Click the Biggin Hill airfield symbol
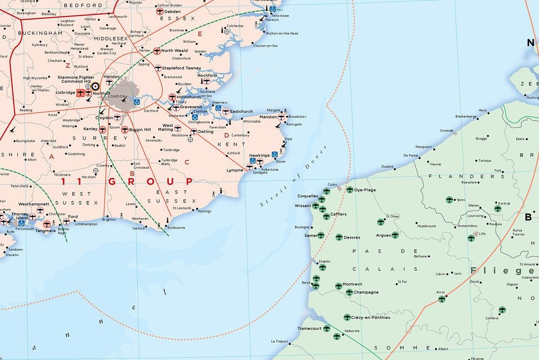click(x=124, y=130)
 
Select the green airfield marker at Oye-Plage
click(x=350, y=190)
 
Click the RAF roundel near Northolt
click(x=95, y=86)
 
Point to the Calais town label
click(x=332, y=184)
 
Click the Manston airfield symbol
click(x=281, y=117)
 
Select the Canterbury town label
click(x=240, y=135)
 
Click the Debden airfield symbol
click(x=160, y=11)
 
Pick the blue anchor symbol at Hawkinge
click(x=275, y=155)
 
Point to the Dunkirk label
click(x=387, y=167)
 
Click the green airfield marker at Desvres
click(x=339, y=237)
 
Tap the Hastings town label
click(x=205, y=211)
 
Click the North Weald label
click(x=174, y=51)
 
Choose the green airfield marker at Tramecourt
click(x=327, y=328)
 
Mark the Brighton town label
click(x=109, y=220)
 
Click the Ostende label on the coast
click(x=447, y=130)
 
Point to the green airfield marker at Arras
click(x=442, y=299)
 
